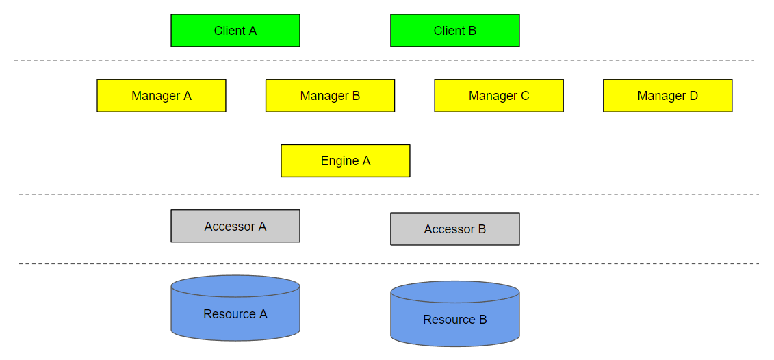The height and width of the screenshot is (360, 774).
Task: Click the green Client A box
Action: [x=235, y=31]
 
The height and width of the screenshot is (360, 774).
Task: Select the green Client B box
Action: [x=454, y=31]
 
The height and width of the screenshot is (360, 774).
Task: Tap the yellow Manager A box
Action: [x=161, y=96]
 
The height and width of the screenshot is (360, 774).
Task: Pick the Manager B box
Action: [x=330, y=96]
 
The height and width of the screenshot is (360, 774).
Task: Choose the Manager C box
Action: [x=498, y=96]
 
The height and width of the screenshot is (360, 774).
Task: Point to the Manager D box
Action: [x=667, y=96]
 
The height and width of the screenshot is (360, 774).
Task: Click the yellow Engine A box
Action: [x=345, y=161]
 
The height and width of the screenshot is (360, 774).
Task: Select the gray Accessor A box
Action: [x=235, y=226]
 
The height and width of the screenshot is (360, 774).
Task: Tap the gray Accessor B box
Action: [x=454, y=229]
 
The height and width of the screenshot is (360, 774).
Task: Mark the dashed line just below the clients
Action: [x=383, y=60]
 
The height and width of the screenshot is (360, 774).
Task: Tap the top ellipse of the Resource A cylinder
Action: [x=235, y=286]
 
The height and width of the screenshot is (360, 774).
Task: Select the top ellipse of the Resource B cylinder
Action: [x=454, y=292]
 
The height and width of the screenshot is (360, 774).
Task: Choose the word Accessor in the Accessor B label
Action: [x=449, y=229]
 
